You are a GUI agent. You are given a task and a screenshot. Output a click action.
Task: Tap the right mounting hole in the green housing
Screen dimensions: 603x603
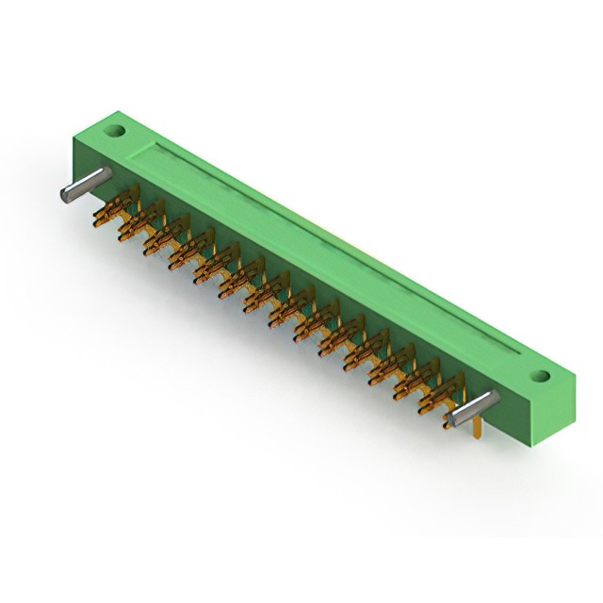(541, 376)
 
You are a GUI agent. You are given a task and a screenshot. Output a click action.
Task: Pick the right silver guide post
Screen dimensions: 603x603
(472, 407)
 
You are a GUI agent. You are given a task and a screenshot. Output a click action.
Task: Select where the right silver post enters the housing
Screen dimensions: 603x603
(490, 399)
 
